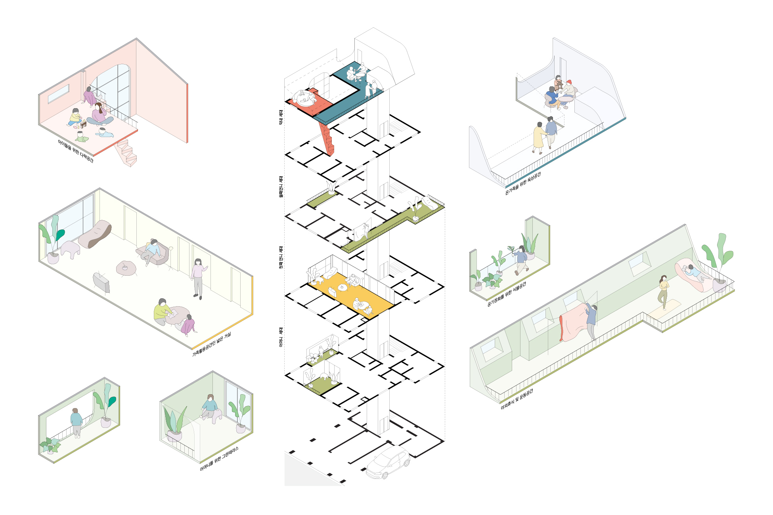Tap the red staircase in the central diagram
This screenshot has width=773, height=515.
pos(327,138)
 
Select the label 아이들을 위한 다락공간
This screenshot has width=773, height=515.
pos(75,151)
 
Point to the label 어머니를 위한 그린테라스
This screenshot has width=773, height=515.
pos(219,459)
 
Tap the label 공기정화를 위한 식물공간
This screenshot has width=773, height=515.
pos(506,294)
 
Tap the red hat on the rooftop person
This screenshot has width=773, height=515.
pos(569,82)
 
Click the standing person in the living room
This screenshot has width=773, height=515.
pos(197,277)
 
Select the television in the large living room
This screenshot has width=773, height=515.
pos(101,282)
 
